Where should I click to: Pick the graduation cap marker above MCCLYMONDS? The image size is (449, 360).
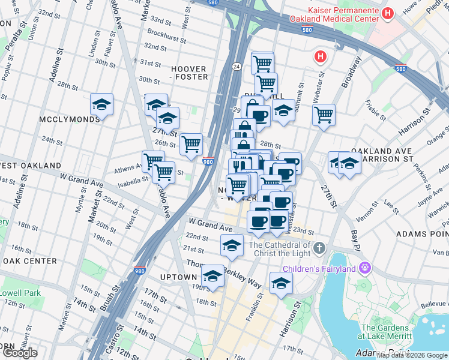(102, 104)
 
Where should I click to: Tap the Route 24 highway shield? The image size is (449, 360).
(238, 66)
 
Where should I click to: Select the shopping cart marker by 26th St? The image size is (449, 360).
(191, 143)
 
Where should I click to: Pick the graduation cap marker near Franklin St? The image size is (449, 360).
(280, 283)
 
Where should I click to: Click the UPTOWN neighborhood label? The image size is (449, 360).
(179, 277)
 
